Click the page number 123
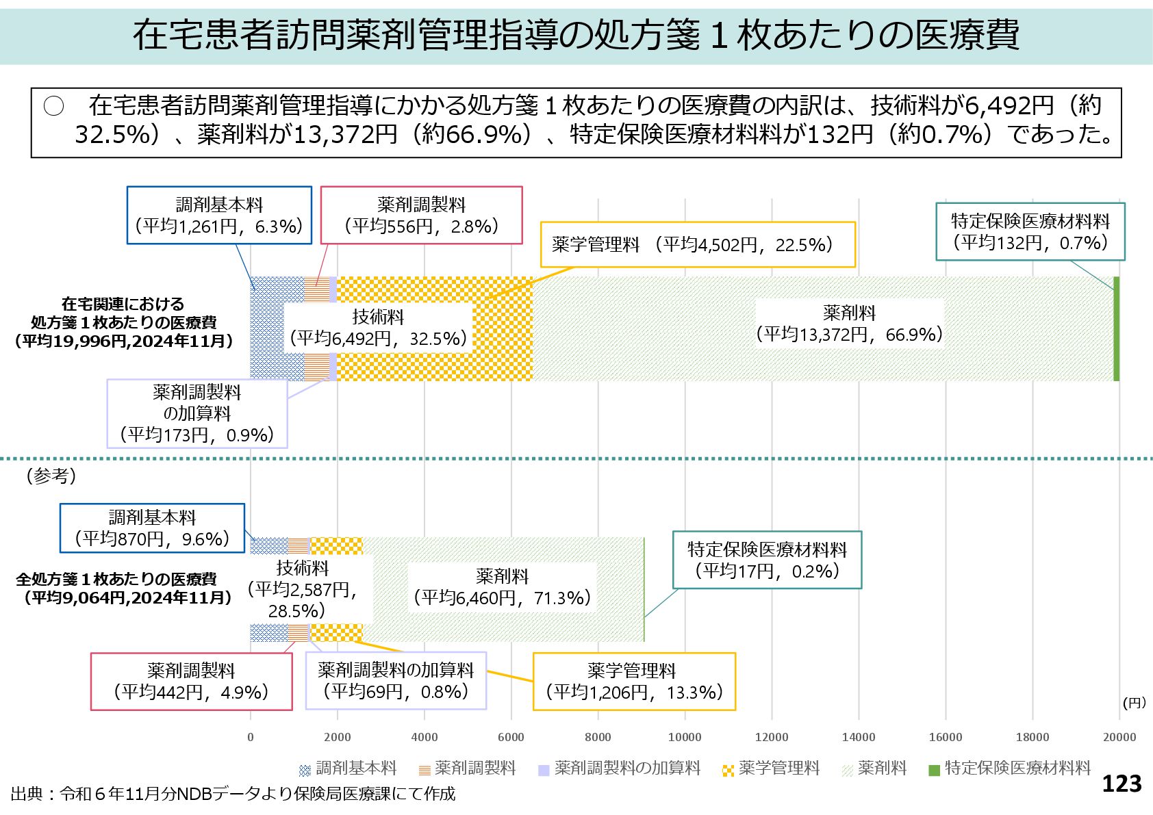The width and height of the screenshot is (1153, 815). pyautogui.click(x=1122, y=784)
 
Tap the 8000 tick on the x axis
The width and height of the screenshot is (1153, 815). pyautogui.click(x=598, y=737)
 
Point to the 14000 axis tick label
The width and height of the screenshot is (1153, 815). pyautogui.click(x=859, y=737)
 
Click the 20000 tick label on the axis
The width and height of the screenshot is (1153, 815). pyautogui.click(x=1119, y=737)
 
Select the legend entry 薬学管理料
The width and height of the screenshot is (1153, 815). pyautogui.click(x=771, y=768)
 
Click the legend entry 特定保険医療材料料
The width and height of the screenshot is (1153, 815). pyautogui.click(x=1009, y=768)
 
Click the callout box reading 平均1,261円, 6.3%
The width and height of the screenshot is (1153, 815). pyautogui.click(x=219, y=215)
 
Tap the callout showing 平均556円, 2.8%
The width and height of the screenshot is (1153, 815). pyautogui.click(x=421, y=215)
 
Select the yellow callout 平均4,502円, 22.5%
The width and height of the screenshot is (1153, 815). pyautogui.click(x=698, y=244)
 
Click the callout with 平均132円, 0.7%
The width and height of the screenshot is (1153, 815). pyautogui.click(x=1030, y=231)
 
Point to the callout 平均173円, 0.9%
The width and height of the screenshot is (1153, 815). pyautogui.click(x=197, y=413)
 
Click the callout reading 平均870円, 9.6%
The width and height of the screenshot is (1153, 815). pyautogui.click(x=152, y=528)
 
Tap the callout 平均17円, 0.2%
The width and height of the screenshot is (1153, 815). pyautogui.click(x=767, y=560)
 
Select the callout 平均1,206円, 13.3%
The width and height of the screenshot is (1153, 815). pyautogui.click(x=634, y=681)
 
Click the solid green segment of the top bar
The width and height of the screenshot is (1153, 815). pyautogui.click(x=1117, y=328)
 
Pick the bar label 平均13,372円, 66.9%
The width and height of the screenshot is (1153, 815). pyautogui.click(x=849, y=324)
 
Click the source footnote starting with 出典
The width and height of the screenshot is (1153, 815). pyautogui.click(x=233, y=794)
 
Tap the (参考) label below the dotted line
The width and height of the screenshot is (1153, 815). pyautogui.click(x=51, y=476)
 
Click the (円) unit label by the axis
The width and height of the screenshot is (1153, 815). pyautogui.click(x=1134, y=703)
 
